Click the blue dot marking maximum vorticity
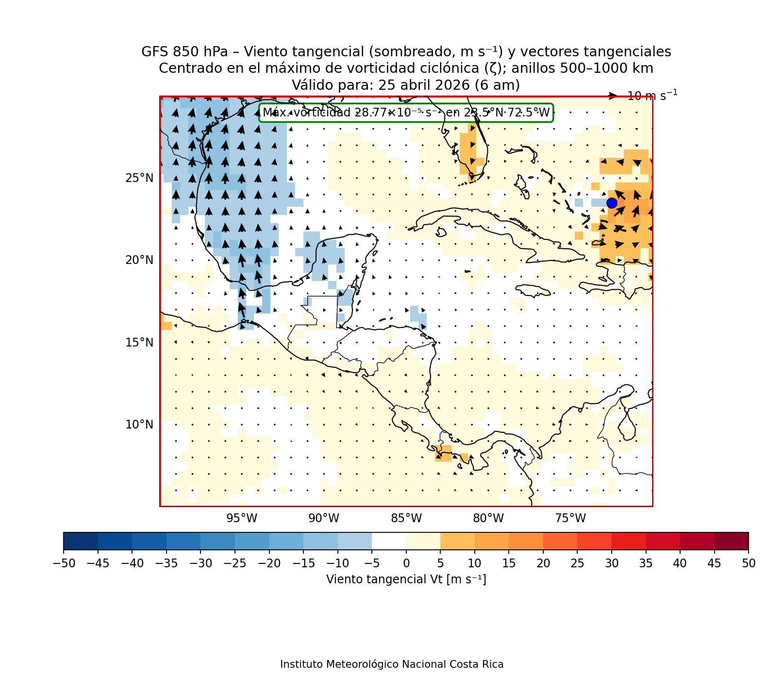[612, 203]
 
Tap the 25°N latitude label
[139, 179]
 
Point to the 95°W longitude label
[242, 519]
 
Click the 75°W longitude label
[570, 519]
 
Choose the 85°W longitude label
[406, 519]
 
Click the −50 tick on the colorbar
[64, 563]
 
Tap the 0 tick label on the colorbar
[406, 563]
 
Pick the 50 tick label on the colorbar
[749, 563]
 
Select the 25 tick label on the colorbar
[577, 563]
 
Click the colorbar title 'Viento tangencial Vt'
[406, 579]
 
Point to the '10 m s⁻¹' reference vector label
[652, 96]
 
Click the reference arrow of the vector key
[613, 96]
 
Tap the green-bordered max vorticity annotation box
[406, 113]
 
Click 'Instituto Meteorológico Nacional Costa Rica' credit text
[392, 664]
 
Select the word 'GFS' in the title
[153, 52]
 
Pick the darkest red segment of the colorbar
[732, 541]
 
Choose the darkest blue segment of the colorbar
[81, 541]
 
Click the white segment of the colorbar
[389, 541]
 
